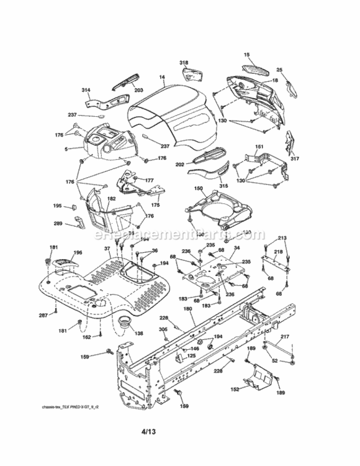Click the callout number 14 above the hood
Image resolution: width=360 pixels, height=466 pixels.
coord(161,78)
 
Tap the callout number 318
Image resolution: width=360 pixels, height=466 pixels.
coord(184,63)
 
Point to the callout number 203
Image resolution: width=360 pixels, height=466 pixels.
coord(138,91)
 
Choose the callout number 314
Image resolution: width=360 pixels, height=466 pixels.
coord(86,91)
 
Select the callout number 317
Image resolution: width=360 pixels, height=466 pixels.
coord(294,158)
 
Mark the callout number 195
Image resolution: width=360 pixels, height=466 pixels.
coord(57,206)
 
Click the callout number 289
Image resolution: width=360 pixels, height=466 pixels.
coord(57,224)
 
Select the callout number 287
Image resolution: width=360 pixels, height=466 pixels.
coord(43,316)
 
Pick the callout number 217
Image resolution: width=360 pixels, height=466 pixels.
coord(285,337)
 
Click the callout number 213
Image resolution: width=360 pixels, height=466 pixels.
coord(282,238)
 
